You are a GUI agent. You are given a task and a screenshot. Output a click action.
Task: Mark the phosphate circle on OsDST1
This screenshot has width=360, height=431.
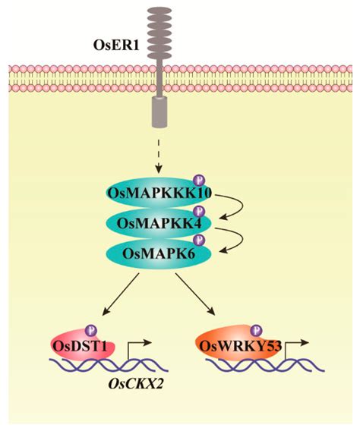92,330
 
